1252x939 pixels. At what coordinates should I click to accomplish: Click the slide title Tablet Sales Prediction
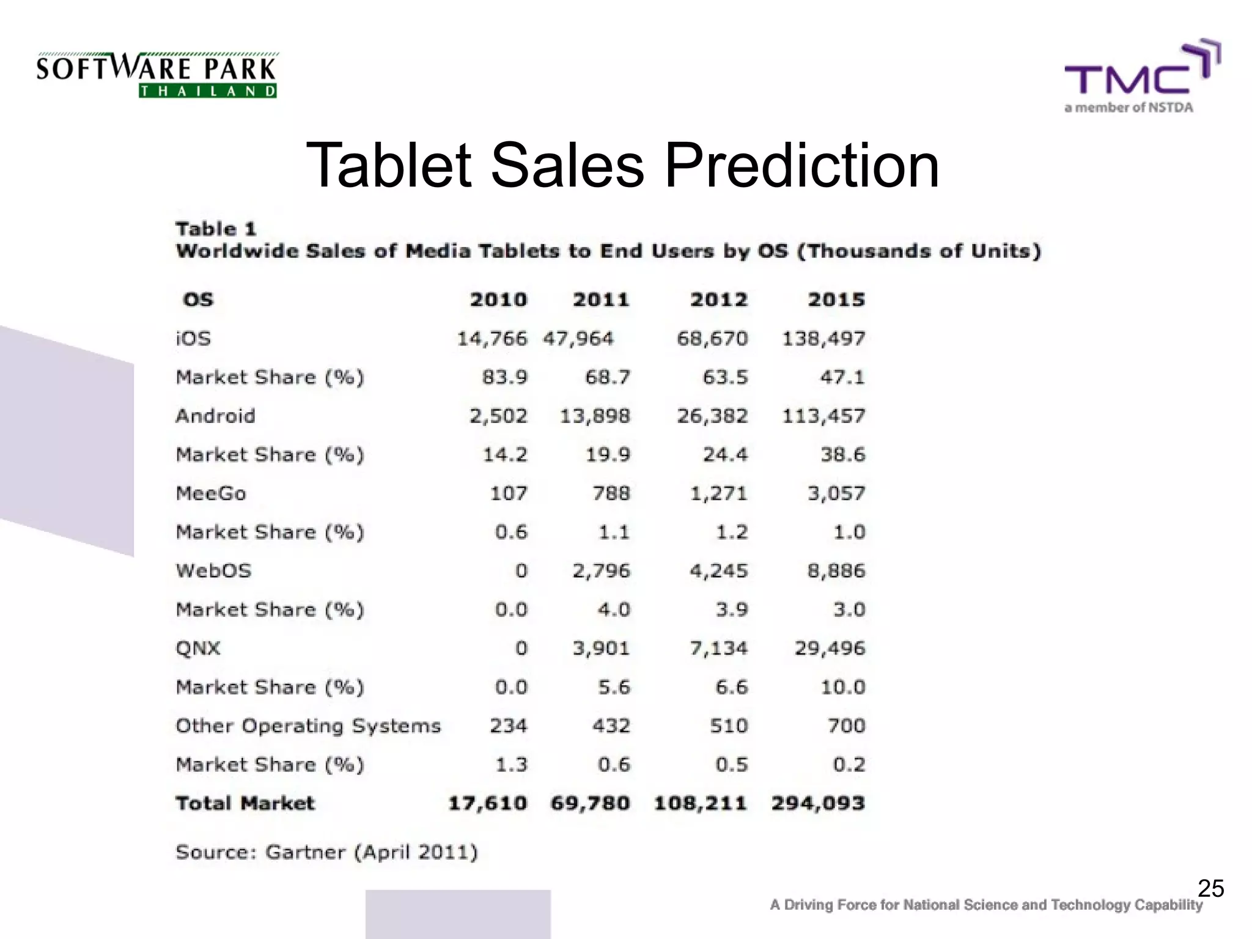point(622,165)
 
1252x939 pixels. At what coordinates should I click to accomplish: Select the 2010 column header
point(498,300)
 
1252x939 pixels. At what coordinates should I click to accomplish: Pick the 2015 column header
point(836,300)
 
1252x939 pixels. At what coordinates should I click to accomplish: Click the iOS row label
point(193,339)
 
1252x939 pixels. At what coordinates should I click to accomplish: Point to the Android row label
point(215,416)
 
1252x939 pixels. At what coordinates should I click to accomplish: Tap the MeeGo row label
point(211,493)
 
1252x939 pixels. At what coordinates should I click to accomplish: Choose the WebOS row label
point(213,571)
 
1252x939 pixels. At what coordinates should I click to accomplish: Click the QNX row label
point(198,648)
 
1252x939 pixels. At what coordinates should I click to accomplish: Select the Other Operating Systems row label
point(308,726)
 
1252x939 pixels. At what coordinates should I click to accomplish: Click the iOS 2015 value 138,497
point(823,339)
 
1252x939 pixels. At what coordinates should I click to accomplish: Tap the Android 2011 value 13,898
point(595,416)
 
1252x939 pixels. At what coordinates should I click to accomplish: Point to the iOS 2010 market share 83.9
point(504,377)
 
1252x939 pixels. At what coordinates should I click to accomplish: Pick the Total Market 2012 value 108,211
point(701,803)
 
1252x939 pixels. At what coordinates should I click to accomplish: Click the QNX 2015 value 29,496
point(830,648)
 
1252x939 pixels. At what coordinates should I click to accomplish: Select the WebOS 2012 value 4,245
point(718,571)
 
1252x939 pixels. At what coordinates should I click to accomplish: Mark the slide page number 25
point(1210,888)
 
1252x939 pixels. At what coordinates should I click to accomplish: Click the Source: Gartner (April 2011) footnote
point(326,852)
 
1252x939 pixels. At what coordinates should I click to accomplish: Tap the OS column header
point(198,300)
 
